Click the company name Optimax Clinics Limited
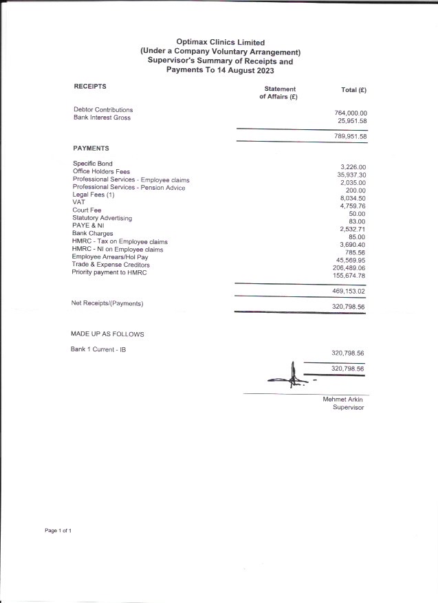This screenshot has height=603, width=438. click(x=220, y=43)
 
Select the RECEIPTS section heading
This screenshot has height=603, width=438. click(x=90, y=87)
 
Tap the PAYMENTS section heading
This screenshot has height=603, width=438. click(x=91, y=148)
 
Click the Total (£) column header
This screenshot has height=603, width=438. click(x=353, y=90)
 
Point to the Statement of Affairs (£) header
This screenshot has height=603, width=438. click(x=278, y=94)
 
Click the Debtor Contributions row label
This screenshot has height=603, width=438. click(x=103, y=110)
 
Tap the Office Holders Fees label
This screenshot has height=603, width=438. click(x=101, y=171)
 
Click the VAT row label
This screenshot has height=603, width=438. click(x=78, y=202)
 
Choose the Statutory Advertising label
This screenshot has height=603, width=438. click(x=102, y=218)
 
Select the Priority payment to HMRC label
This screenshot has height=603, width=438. click(x=109, y=272)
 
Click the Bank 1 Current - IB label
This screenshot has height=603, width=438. click(x=98, y=350)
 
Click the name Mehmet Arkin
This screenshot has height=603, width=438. click(x=342, y=399)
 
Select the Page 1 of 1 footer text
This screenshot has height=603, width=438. click(x=58, y=531)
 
